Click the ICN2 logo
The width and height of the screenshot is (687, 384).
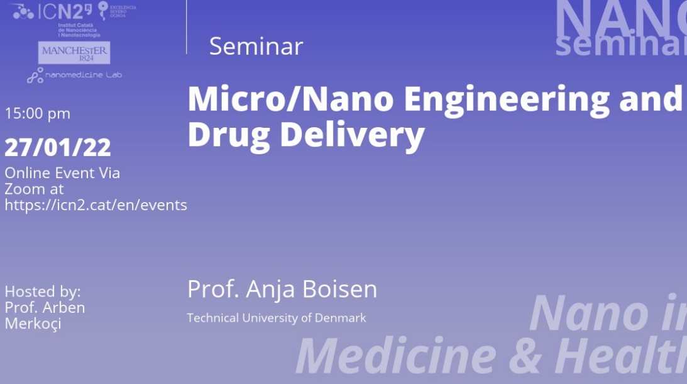(x=53, y=11)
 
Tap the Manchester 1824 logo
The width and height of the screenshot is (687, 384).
(x=74, y=53)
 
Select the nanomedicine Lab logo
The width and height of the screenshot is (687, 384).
(x=74, y=76)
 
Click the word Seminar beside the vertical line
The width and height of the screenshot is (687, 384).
(x=256, y=46)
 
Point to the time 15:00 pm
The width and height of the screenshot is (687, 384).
(x=38, y=114)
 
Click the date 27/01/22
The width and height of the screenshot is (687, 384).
(x=58, y=147)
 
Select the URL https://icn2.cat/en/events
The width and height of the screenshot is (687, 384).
(x=96, y=205)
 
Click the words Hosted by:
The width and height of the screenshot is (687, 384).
(x=43, y=292)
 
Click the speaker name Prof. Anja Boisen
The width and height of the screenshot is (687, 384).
(x=282, y=289)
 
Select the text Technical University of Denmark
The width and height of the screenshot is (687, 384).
(x=277, y=318)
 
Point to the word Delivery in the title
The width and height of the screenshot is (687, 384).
(x=352, y=134)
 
